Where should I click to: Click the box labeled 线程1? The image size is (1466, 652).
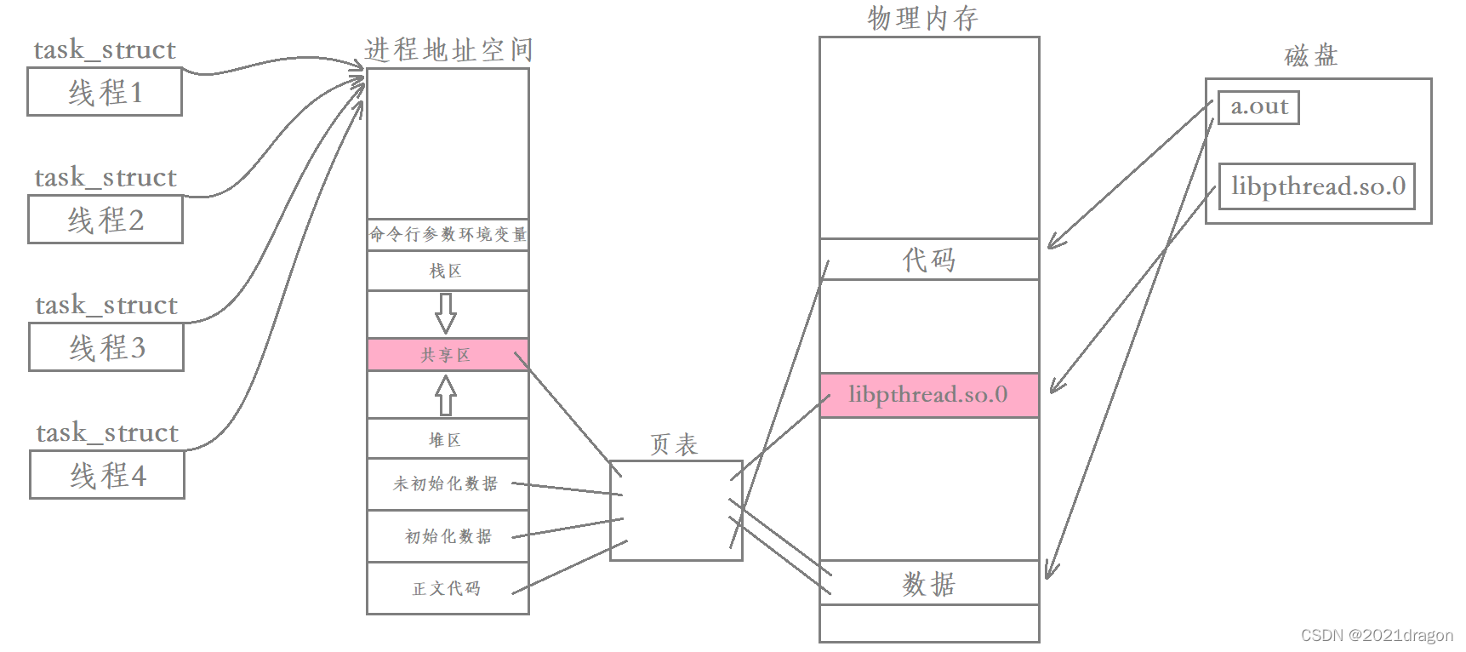click(x=105, y=92)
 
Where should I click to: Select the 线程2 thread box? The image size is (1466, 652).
click(x=106, y=220)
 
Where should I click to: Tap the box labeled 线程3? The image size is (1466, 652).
click(x=106, y=347)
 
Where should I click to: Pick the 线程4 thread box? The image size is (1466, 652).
click(x=107, y=475)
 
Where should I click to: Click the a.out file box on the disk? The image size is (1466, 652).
click(x=1258, y=107)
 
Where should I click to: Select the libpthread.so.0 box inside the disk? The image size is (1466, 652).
click(x=1316, y=186)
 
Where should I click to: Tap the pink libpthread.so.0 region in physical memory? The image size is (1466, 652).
click(x=928, y=395)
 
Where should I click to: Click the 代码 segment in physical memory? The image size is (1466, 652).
click(x=928, y=259)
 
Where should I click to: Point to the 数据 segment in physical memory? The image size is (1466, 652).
click(x=928, y=583)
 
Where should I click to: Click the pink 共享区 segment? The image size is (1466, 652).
click(x=447, y=355)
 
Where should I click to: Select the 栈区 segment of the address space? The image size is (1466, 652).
click(x=447, y=272)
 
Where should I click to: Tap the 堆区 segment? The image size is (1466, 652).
click(x=447, y=440)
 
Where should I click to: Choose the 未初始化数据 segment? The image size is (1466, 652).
click(x=447, y=484)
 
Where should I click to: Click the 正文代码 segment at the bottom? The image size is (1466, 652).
click(x=447, y=588)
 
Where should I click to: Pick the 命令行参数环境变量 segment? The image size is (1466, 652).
click(x=447, y=234)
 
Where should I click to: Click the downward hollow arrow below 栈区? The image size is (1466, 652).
click(x=446, y=313)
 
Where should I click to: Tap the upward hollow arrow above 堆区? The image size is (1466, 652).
click(x=446, y=395)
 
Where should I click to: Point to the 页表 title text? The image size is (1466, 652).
click(x=674, y=444)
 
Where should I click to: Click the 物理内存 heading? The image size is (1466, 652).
click(x=923, y=18)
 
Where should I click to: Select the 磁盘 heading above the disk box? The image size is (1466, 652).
click(x=1311, y=56)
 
